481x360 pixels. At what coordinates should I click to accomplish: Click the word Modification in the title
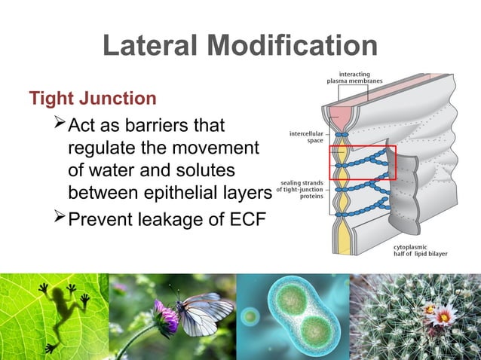pos(295,45)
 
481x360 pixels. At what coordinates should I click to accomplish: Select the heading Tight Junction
pos(93,99)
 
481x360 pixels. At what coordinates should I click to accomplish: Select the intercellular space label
pos(306,137)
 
